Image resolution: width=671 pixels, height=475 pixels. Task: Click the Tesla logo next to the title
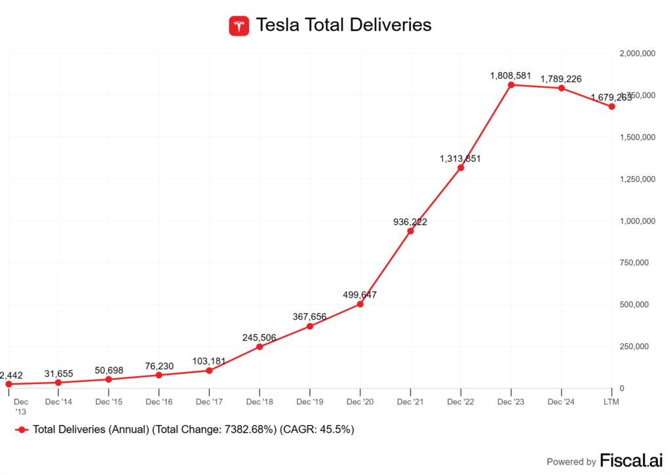pyautogui.click(x=239, y=26)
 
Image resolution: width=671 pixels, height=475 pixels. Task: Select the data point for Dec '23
pyautogui.click(x=511, y=85)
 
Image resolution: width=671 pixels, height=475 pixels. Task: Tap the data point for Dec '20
pyautogui.click(x=360, y=304)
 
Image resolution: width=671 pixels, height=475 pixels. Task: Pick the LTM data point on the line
pyautogui.click(x=612, y=106)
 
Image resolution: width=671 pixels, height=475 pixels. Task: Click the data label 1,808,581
pyautogui.click(x=511, y=76)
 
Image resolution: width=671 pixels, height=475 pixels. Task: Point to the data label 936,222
pyautogui.click(x=410, y=222)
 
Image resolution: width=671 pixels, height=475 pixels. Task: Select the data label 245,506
pyautogui.click(x=259, y=337)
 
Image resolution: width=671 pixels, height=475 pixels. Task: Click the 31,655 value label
pyautogui.click(x=59, y=373)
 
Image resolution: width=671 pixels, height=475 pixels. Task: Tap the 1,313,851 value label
pyautogui.click(x=461, y=159)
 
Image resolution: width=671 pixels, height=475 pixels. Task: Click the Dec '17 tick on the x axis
pyautogui.click(x=209, y=402)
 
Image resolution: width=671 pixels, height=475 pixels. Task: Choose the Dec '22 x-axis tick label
pyautogui.click(x=461, y=402)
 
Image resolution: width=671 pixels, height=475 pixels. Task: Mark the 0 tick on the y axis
pyautogui.click(x=622, y=389)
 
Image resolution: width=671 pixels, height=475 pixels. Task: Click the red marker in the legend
pyautogui.click(x=22, y=430)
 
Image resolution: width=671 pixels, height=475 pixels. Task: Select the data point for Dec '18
pyautogui.click(x=259, y=347)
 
